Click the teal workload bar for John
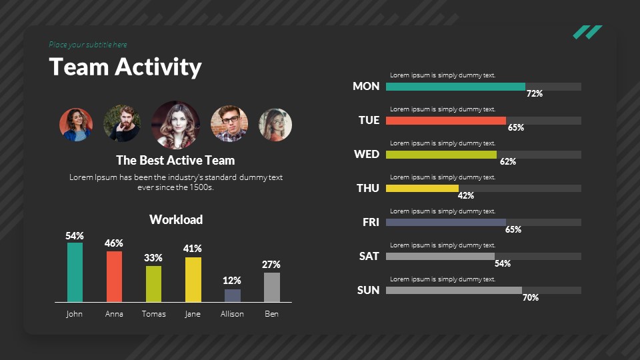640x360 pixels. click(75, 272)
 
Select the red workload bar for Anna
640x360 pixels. click(114, 276)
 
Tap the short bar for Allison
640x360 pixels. click(232, 295)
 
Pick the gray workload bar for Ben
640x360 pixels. click(271, 287)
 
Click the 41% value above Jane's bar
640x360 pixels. click(193, 249)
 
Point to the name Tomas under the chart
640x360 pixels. click(154, 314)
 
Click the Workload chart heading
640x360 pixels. click(176, 219)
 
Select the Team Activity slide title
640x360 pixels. click(125, 67)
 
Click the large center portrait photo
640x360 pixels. click(175, 125)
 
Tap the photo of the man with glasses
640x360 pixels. click(229, 124)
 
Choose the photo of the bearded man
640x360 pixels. click(121, 123)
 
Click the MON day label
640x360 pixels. click(366, 86)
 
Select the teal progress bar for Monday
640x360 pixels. click(455, 87)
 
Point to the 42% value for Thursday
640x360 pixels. click(466, 195)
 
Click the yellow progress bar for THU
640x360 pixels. click(422, 189)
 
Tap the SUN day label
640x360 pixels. click(368, 290)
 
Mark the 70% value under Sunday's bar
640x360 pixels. click(531, 297)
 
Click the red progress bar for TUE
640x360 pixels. click(445, 121)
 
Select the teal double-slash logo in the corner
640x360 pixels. click(587, 32)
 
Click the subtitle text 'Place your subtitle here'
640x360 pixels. click(88, 45)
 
